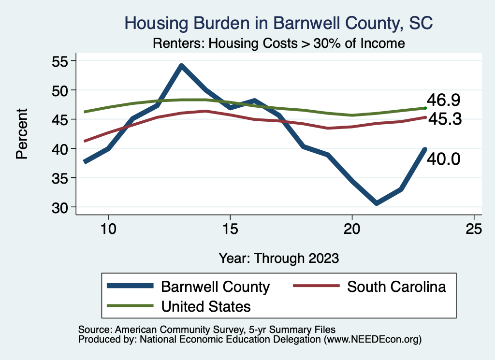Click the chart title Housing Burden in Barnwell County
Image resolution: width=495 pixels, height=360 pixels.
pos(278,23)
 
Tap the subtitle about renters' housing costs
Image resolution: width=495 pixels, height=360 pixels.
pos(278,43)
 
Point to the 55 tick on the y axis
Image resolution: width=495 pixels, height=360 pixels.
pos(60,61)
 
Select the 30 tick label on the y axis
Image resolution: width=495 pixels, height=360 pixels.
pos(60,207)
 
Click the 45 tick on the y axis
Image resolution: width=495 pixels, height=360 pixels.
pos(60,119)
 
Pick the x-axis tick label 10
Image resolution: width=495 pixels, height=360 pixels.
pos(108,229)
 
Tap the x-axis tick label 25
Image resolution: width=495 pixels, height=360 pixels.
pos(474,229)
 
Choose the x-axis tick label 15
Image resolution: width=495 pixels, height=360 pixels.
pos(230,229)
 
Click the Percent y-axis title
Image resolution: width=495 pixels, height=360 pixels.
pos(21,134)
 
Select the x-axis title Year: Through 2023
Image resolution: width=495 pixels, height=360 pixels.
pos(278,258)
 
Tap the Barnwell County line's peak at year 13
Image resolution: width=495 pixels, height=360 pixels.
pos(181,66)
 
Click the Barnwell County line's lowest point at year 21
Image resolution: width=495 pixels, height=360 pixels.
pos(376,203)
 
